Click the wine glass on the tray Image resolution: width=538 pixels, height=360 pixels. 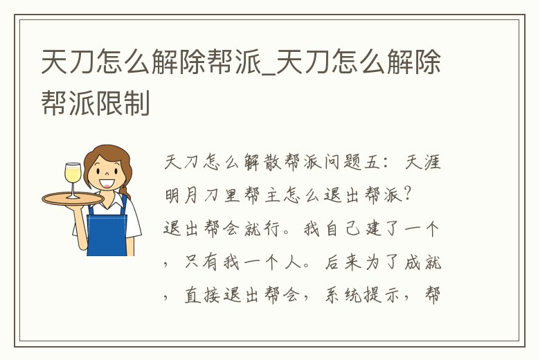click(72, 177)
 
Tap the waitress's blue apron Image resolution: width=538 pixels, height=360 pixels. click(107, 228)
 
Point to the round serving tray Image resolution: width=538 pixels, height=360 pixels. click(72, 199)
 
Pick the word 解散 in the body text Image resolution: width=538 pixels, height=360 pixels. click(263, 163)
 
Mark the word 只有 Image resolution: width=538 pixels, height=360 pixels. click(198, 263)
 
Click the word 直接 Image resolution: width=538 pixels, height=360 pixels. click(198, 296)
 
